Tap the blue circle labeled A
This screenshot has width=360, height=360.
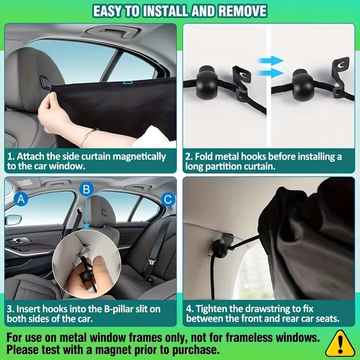[x=21, y=198]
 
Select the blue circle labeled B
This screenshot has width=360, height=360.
[x=87, y=189]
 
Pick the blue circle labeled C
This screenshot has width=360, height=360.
[x=167, y=198]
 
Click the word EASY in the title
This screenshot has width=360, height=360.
[x=110, y=11]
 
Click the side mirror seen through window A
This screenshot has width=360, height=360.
[x=13, y=220]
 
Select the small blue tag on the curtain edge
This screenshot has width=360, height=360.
[x=127, y=82]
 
